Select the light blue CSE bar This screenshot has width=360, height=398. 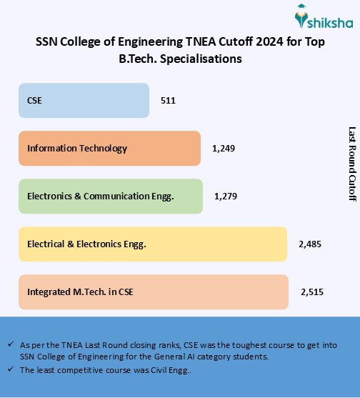84,101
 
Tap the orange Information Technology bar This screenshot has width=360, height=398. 109,149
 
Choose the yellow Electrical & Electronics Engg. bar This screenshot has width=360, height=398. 153,244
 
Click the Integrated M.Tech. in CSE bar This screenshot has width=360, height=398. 154,292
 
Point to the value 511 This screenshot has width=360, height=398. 168,101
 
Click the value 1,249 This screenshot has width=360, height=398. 224,149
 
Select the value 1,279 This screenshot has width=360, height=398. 226,196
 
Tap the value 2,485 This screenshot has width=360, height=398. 310,244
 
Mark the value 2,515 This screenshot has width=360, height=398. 312,292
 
